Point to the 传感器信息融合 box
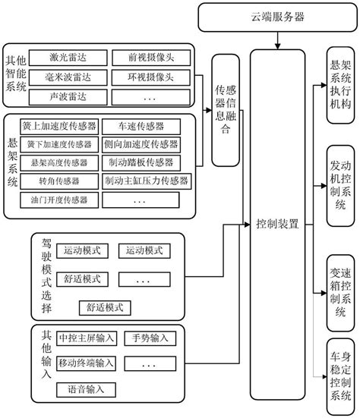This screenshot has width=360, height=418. point(223,109)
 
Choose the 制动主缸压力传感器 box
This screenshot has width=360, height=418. point(146,181)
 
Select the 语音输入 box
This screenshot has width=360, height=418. point(85,389)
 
